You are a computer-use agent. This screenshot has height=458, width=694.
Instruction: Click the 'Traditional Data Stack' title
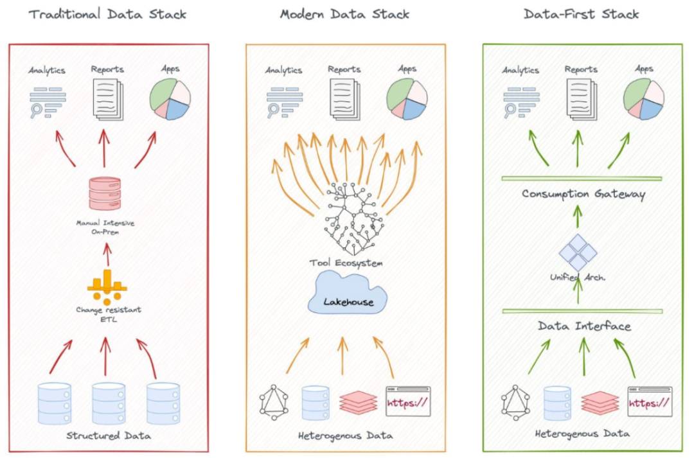107,14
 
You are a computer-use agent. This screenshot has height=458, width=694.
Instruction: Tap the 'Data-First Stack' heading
581,14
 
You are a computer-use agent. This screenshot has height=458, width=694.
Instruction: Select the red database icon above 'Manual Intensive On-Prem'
105,193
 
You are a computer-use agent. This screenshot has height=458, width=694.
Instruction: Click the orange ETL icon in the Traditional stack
107,287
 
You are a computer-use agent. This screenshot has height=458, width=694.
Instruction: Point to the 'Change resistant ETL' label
109,314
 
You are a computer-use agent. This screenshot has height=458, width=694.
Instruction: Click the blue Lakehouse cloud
348,294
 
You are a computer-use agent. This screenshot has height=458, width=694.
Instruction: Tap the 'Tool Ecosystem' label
346,263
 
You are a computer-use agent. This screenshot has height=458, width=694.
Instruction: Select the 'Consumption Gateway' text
583,194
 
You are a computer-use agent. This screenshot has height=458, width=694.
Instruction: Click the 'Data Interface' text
584,326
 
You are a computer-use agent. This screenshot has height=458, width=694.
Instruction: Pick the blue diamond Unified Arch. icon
578,252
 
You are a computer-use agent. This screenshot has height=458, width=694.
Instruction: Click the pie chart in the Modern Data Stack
407,99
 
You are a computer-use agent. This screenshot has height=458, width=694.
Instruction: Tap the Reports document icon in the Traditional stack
108,99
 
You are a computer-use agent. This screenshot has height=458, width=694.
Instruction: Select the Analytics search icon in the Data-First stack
521,102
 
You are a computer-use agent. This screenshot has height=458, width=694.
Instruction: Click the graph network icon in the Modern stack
274,403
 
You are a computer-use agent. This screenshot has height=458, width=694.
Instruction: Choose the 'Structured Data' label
109,436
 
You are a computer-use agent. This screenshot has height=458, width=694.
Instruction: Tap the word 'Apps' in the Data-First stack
644,69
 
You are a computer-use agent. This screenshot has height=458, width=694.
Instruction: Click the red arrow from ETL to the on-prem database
107,254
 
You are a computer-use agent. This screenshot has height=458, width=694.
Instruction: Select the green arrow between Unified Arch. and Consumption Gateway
578,216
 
